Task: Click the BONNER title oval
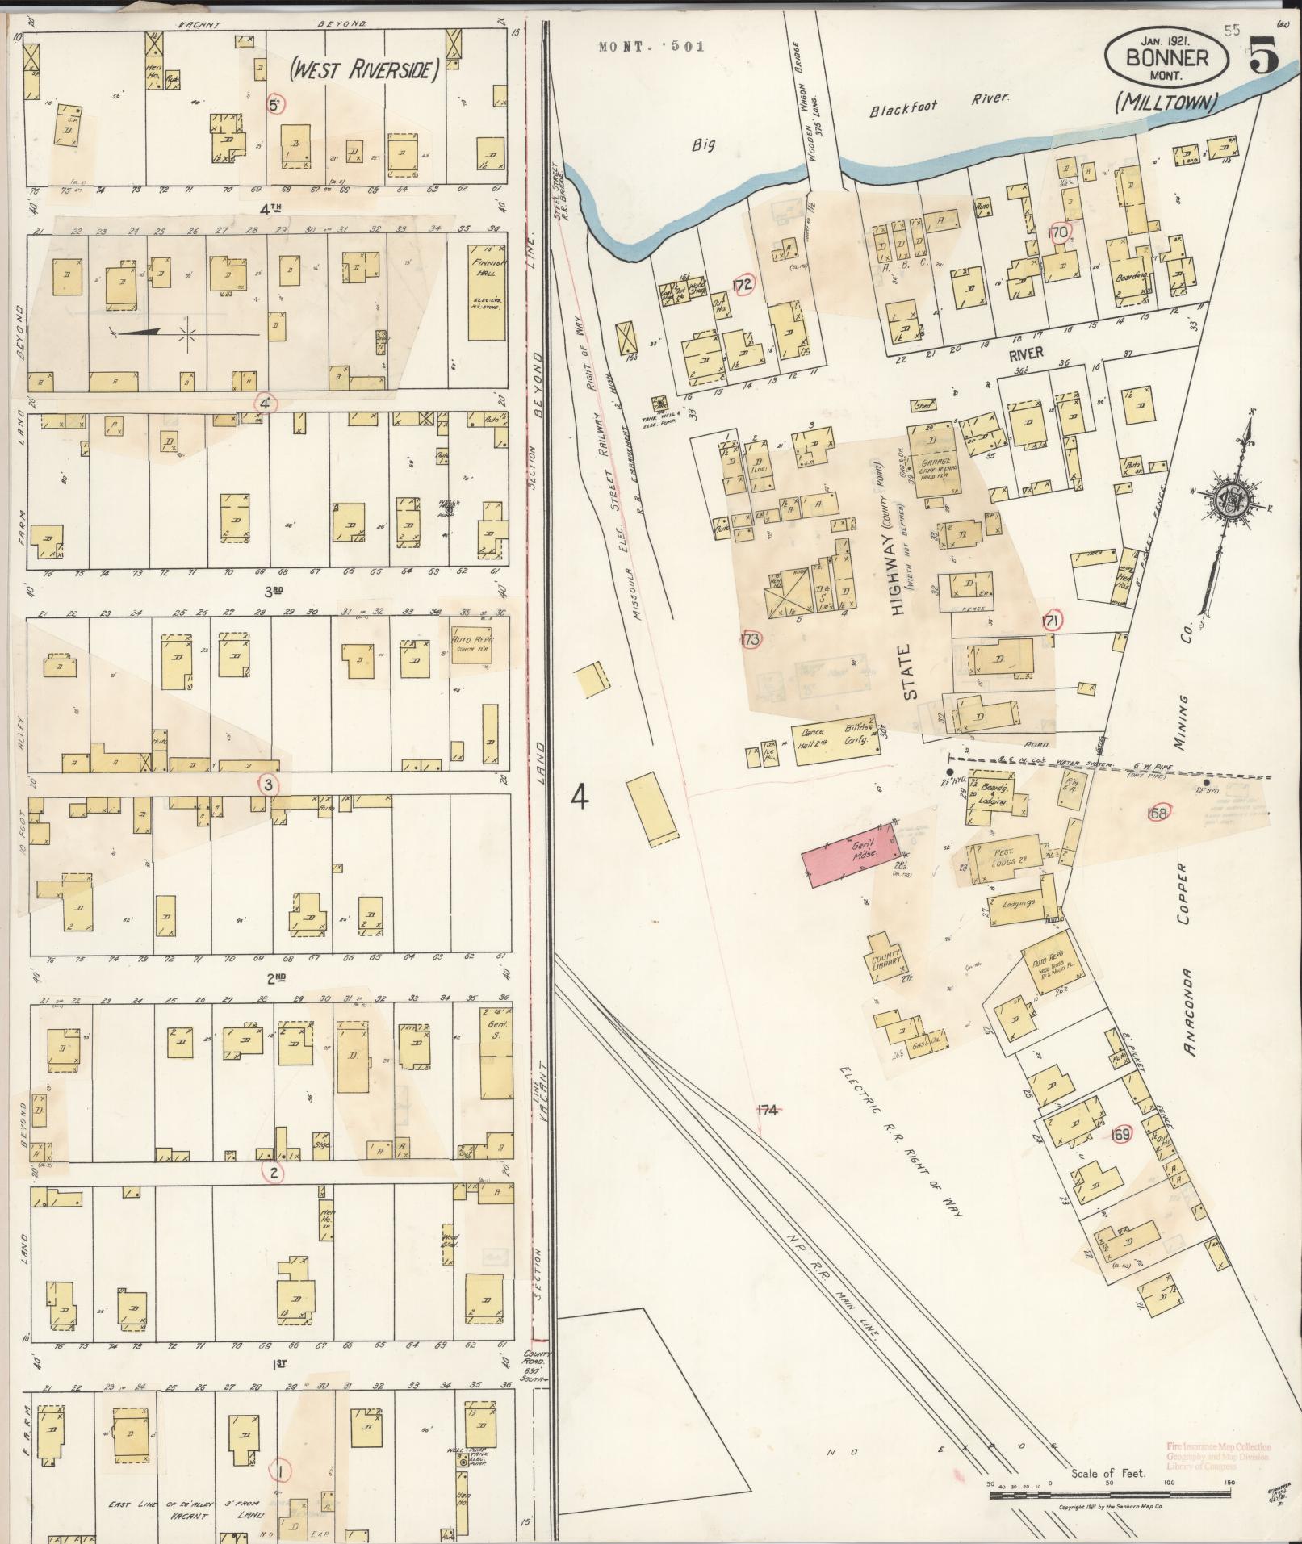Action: pyautogui.click(x=1166, y=57)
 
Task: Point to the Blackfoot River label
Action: pyautogui.click(x=940, y=103)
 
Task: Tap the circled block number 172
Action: pyautogui.click(x=743, y=284)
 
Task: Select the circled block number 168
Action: pyautogui.click(x=1157, y=814)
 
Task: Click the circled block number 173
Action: pyautogui.click(x=751, y=640)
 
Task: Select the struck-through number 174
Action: pyautogui.click(x=766, y=1111)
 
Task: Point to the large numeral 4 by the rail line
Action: pyautogui.click(x=580, y=797)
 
